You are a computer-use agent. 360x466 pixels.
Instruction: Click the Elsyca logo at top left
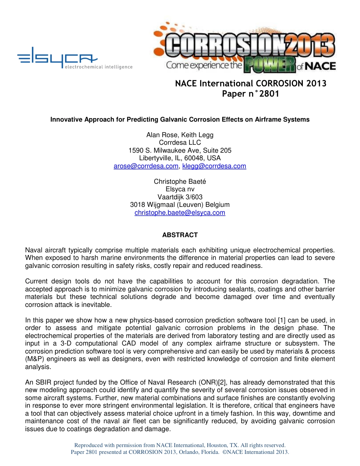pos(57,58)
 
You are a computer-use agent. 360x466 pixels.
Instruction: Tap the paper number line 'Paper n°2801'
pos(250,94)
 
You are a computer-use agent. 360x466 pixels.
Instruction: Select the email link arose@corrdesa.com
pos(146,166)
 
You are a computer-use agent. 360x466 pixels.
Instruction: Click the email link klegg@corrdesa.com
pos(214,166)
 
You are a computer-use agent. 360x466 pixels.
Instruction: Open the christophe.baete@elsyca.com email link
pos(180,213)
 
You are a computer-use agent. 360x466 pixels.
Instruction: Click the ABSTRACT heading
pos(180,235)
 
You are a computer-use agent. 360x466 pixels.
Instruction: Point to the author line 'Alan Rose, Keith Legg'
pos(180,135)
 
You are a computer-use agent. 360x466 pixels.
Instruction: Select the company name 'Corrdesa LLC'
pos(180,142)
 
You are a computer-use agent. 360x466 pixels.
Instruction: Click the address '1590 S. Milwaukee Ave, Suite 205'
pos(180,150)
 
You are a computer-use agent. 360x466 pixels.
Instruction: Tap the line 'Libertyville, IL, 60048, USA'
pos(180,158)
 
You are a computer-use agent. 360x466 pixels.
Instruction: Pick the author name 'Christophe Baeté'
pos(180,181)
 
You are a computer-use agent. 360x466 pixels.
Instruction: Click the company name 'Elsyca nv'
pos(180,189)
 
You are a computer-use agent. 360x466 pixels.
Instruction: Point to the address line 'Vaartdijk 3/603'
pos(180,197)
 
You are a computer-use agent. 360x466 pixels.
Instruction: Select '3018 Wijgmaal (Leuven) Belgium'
pos(180,205)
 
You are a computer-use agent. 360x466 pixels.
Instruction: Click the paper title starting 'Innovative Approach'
pos(180,119)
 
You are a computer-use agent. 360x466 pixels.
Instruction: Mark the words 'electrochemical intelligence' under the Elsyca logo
pos(99,67)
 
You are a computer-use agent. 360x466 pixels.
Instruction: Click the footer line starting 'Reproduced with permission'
pos(180,445)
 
